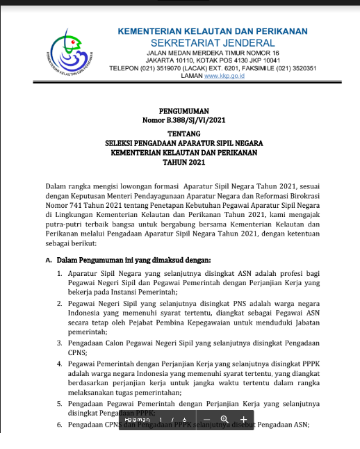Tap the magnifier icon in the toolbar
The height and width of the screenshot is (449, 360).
[224, 420]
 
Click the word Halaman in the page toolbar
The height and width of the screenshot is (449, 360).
[137, 420]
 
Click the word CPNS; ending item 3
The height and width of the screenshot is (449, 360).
[87, 352]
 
